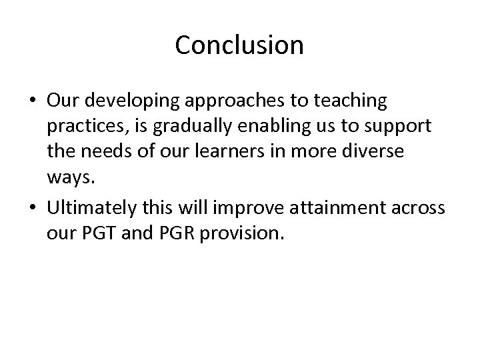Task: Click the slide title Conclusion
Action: (239, 45)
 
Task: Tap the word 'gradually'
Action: (193, 127)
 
